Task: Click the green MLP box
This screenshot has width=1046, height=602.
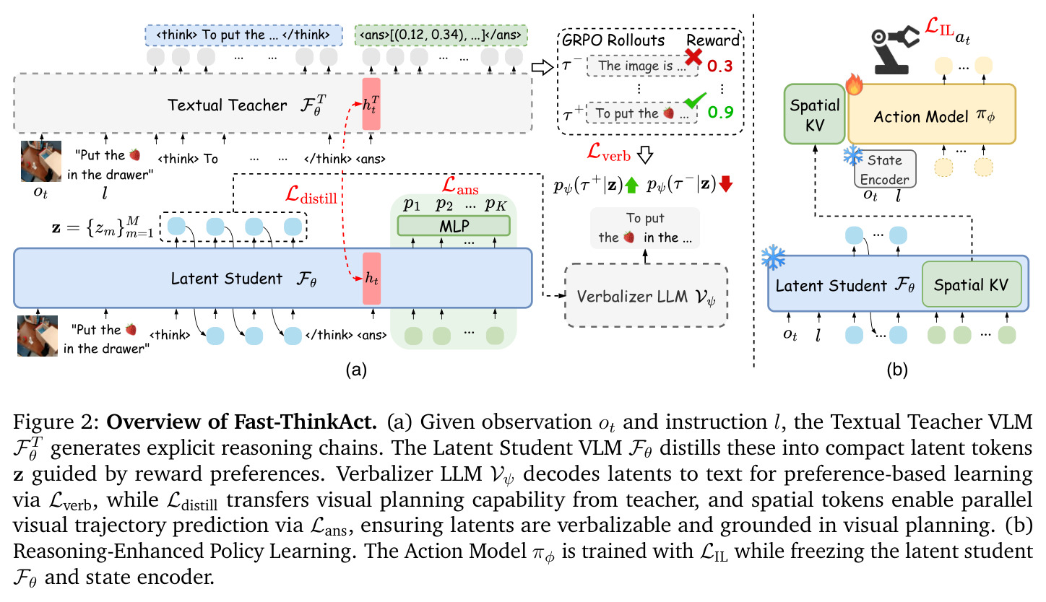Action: tap(454, 227)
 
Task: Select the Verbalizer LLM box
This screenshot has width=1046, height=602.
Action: tap(646, 296)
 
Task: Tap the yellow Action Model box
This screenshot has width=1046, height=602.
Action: tap(932, 114)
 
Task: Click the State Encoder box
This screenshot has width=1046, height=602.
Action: tap(885, 169)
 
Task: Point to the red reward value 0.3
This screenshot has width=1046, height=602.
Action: tap(719, 66)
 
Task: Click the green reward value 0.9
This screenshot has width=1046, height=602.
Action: tap(720, 112)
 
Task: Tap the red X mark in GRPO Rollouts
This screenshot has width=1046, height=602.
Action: tap(693, 57)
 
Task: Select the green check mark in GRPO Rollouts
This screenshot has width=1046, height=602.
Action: tap(695, 100)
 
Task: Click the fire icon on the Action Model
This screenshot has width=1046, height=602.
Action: tap(854, 84)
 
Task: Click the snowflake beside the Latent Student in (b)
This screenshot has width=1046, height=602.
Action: tap(773, 257)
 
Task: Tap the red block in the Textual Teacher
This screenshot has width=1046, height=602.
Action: tap(371, 104)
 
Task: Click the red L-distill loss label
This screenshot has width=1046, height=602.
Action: tap(311, 195)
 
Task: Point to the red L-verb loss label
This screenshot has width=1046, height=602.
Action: tap(609, 153)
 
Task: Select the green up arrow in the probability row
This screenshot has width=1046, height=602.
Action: tap(631, 186)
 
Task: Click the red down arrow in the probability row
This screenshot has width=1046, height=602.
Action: tap(726, 184)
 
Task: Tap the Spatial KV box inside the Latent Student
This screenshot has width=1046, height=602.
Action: tap(972, 284)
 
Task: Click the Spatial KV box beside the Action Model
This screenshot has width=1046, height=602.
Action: tap(815, 114)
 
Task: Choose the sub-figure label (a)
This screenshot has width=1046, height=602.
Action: tap(356, 370)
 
